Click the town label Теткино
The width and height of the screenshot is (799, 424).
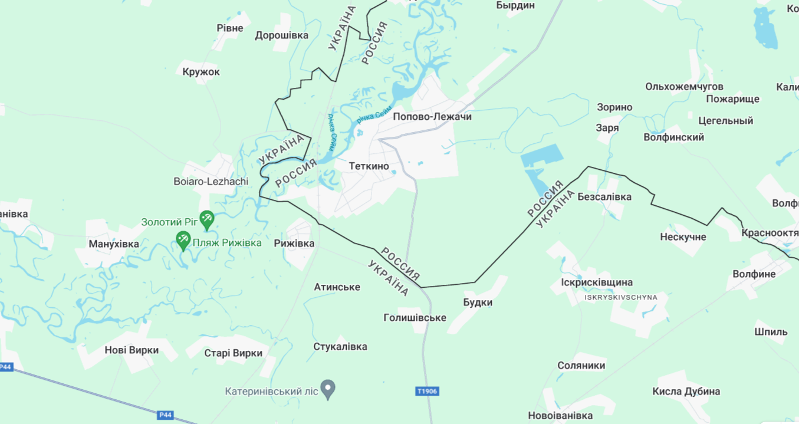click(x=369, y=166)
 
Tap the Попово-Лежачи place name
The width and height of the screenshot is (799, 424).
click(x=432, y=117)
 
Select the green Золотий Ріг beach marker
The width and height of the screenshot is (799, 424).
click(x=206, y=220)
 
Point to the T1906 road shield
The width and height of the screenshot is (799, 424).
click(x=427, y=391)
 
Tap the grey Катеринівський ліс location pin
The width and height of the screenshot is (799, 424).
click(x=328, y=389)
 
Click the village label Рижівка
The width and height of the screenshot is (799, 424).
click(x=294, y=244)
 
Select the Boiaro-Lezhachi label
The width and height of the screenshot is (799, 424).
click(x=211, y=182)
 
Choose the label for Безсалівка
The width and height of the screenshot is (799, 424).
click(x=604, y=197)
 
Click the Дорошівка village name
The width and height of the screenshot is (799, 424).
click(x=281, y=35)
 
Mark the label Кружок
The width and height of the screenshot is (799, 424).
click(x=200, y=72)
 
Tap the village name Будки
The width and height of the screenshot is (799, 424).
click(x=478, y=303)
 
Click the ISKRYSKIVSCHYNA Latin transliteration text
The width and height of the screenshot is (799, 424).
click(x=620, y=297)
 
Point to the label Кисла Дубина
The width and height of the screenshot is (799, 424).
click(x=686, y=392)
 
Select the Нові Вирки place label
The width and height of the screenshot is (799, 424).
click(x=131, y=350)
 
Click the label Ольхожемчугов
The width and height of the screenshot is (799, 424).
click(x=684, y=87)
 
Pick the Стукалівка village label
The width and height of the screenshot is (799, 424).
click(x=340, y=347)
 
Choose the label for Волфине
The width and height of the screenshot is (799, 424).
click(x=754, y=274)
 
